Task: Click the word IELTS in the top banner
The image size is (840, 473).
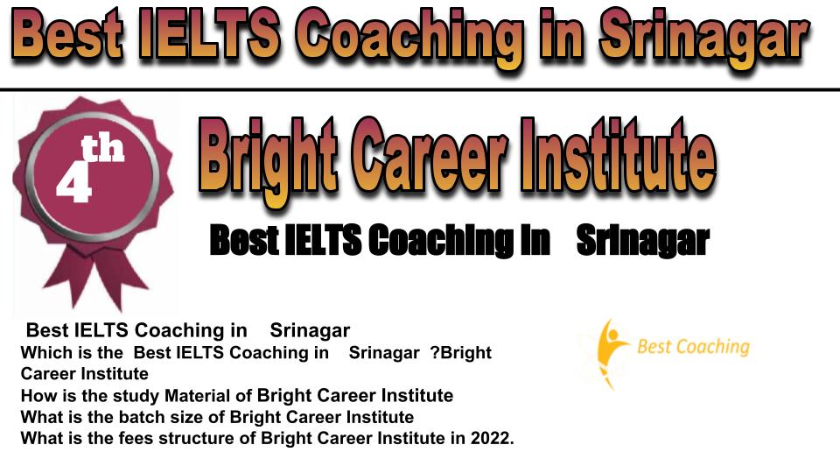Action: [209, 34]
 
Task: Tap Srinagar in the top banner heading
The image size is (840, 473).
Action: [703, 38]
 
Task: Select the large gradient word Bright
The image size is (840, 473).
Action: [269, 157]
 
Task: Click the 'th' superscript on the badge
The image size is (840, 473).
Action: [102, 148]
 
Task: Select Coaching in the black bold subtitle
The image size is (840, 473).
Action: [440, 240]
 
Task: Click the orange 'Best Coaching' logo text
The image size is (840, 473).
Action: [693, 347]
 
